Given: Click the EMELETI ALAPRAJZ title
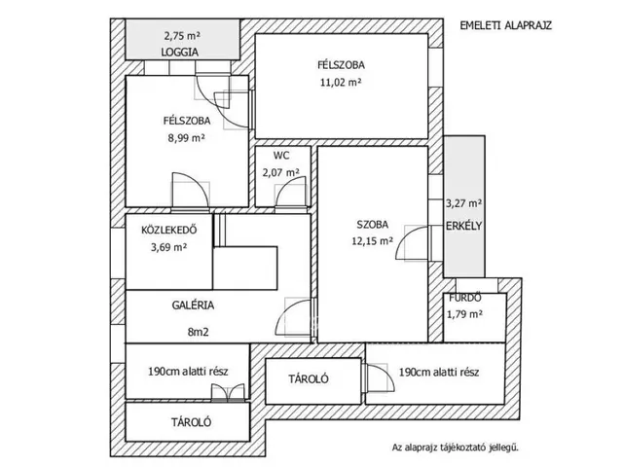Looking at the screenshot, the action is click(x=506, y=25).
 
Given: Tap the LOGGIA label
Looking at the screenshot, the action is click(x=179, y=52).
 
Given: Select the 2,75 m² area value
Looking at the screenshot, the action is click(x=182, y=36).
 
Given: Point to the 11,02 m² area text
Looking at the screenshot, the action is click(x=341, y=82).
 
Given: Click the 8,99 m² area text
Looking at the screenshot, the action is click(x=186, y=138).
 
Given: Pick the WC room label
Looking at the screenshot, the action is click(x=281, y=156).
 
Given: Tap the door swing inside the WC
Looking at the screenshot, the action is click(x=291, y=191).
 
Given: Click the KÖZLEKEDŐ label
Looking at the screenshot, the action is click(x=168, y=230).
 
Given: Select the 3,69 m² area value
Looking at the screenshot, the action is click(x=168, y=247).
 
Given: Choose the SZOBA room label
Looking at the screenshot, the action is click(x=372, y=225).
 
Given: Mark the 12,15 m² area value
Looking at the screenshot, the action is click(x=372, y=241).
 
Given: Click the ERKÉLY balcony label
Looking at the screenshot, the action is click(x=463, y=226).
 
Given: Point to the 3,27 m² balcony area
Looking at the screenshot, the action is click(x=464, y=203).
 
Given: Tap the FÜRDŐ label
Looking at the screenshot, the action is click(x=465, y=298).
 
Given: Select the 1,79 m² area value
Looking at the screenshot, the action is click(x=465, y=314).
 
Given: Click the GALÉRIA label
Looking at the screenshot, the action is click(x=193, y=305).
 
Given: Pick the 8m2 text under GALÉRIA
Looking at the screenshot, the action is click(x=198, y=332).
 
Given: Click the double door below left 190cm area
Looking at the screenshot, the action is click(x=228, y=392).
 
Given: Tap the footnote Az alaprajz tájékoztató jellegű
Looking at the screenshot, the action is click(x=456, y=448).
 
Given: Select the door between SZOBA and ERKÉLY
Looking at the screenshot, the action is click(x=413, y=243).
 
